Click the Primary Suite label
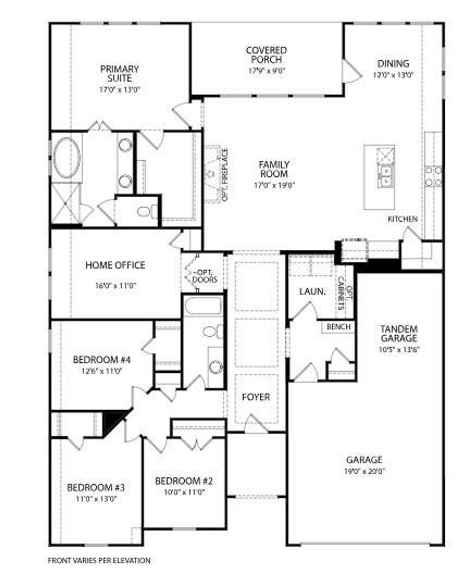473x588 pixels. (x=120, y=73)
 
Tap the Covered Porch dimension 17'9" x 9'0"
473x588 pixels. (x=266, y=71)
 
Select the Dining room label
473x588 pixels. (x=393, y=64)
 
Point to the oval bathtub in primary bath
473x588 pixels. (x=67, y=158)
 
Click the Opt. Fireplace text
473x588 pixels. (x=225, y=175)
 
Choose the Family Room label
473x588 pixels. (x=274, y=169)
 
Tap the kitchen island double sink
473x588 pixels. (x=385, y=176)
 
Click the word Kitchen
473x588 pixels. (x=402, y=219)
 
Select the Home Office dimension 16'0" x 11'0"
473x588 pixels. (x=116, y=286)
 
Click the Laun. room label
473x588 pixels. (x=312, y=291)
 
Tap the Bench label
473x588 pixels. (x=338, y=327)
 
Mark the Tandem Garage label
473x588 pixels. (x=399, y=334)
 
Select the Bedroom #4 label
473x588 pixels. (x=102, y=359)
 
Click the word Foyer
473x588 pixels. (x=256, y=397)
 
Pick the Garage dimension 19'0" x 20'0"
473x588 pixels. (x=364, y=471)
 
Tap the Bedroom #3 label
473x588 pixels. (x=96, y=488)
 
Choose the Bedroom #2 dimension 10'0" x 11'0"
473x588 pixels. (x=184, y=492)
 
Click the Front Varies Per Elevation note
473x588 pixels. (x=99, y=561)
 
